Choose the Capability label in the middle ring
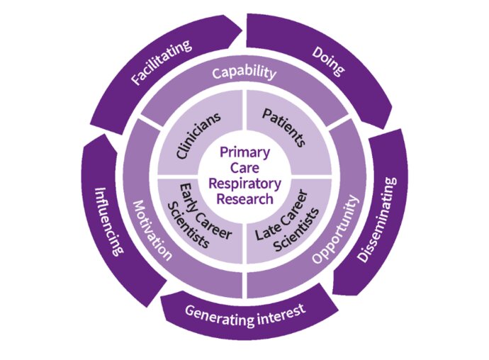pyautogui.click(x=244, y=72)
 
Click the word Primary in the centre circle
pyautogui.click(x=244, y=152)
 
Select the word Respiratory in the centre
pyautogui.click(x=245, y=183)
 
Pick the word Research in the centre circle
pyautogui.click(x=245, y=198)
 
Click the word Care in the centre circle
pyautogui.click(x=244, y=167)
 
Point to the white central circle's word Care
pyautogui.click(x=244, y=167)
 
